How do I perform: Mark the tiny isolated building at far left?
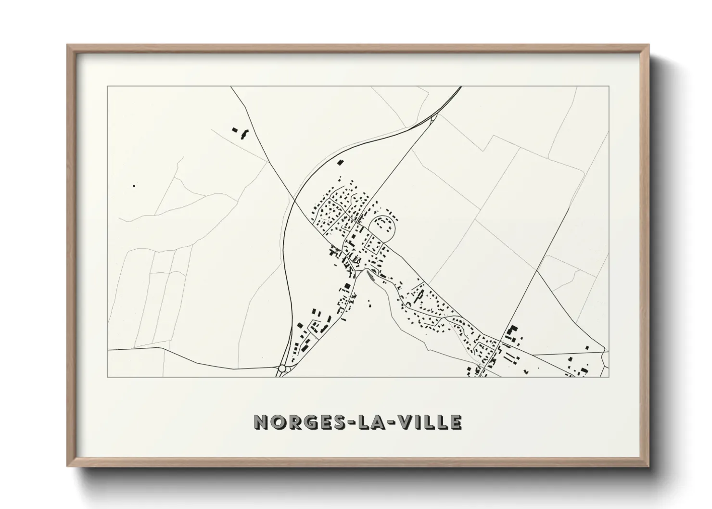[134, 185]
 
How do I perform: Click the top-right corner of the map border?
[609, 87]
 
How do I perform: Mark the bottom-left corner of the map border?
[107, 377]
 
